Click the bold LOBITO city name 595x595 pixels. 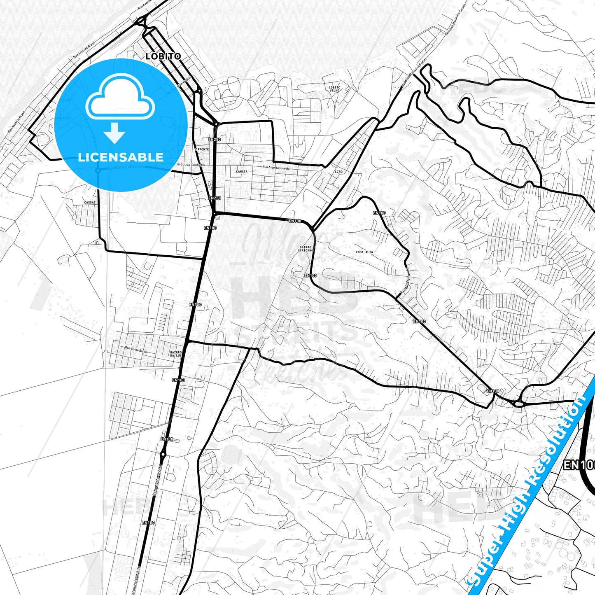pyautogui.click(x=163, y=56)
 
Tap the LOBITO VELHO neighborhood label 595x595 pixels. pyautogui.click(x=334, y=89)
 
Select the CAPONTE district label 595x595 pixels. pyautogui.click(x=202, y=149)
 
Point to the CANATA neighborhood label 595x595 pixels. pyautogui.click(x=242, y=172)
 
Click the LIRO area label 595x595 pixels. pyautogui.click(x=339, y=172)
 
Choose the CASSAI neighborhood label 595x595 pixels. pyautogui.click(x=90, y=203)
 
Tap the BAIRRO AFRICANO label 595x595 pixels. pyautogui.click(x=306, y=249)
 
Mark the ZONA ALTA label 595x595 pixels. pyautogui.click(x=364, y=252)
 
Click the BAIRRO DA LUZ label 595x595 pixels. pyautogui.click(x=176, y=354)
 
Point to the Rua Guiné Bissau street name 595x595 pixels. pyautogui.click(x=136, y=350)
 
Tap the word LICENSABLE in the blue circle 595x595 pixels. pyautogui.click(x=121, y=157)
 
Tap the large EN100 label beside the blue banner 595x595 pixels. pyautogui.click(x=579, y=465)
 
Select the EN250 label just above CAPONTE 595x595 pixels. pyautogui.click(x=215, y=140)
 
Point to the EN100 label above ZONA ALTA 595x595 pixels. pyautogui.click(x=379, y=213)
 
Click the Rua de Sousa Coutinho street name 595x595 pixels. pyautogui.click(x=189, y=165)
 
